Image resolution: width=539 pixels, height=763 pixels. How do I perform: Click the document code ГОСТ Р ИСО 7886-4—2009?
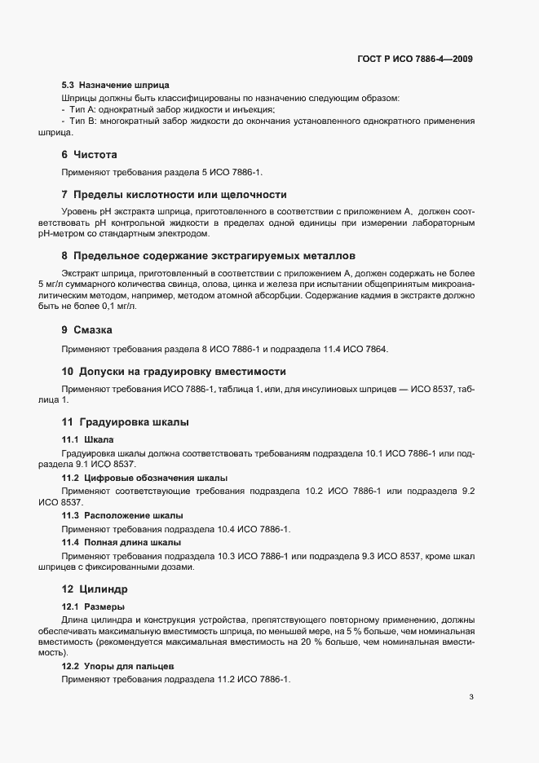415,59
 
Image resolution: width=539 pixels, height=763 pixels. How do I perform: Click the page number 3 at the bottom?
471,696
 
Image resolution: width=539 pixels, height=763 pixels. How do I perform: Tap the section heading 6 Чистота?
90,154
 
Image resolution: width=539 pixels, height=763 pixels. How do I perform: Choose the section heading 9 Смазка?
87,330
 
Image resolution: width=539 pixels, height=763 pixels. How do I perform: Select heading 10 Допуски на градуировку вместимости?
174,371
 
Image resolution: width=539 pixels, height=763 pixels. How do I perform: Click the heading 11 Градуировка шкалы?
126,422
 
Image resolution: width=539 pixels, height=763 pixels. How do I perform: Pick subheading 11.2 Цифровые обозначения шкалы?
144,478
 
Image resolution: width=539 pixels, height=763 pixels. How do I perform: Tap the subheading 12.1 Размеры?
93,606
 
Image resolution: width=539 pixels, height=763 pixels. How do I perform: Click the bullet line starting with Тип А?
168,109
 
